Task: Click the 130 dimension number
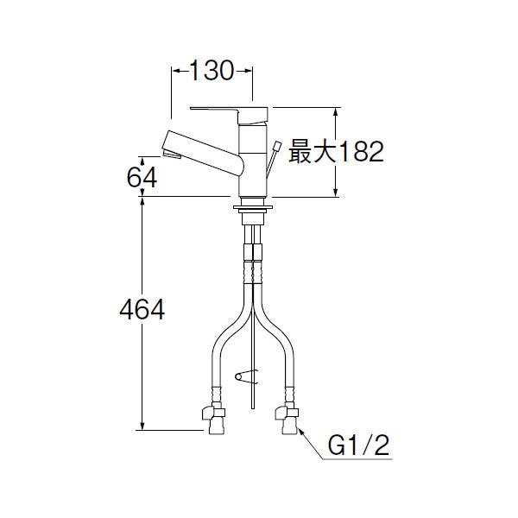pyautogui.click(x=212, y=71)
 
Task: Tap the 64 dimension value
pyautogui.click(x=142, y=177)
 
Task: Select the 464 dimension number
pyautogui.click(x=142, y=310)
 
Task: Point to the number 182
pyautogui.click(x=362, y=152)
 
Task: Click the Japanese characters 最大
pyautogui.click(x=313, y=152)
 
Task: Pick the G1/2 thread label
pyautogui.click(x=358, y=445)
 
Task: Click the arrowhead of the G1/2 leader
pyautogui.click(x=301, y=431)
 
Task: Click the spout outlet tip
pyautogui.click(x=172, y=154)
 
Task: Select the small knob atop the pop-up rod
pyautogui.click(x=276, y=146)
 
